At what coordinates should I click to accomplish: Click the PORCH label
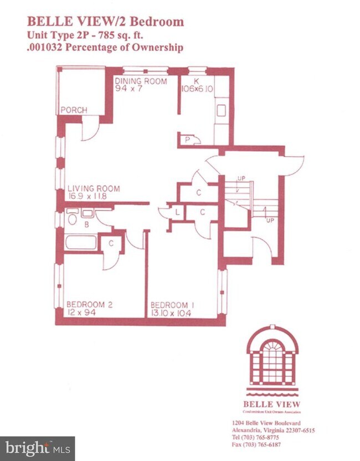pyautogui.click(x=74, y=110)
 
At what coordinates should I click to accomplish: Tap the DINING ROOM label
pyautogui.click(x=141, y=81)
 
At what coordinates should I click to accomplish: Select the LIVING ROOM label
pyautogui.click(x=94, y=188)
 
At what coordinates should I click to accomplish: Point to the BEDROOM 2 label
pyautogui.click(x=90, y=304)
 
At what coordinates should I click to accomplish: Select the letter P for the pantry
pyautogui.click(x=188, y=140)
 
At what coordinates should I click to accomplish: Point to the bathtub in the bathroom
pyautogui.click(x=81, y=242)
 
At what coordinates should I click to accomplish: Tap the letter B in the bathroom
pyautogui.click(x=86, y=225)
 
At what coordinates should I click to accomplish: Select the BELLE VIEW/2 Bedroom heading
pyautogui.click(x=105, y=22)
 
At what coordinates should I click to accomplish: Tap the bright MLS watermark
pyautogui.click(x=37, y=448)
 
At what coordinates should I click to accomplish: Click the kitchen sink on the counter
pyautogui.click(x=221, y=110)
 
